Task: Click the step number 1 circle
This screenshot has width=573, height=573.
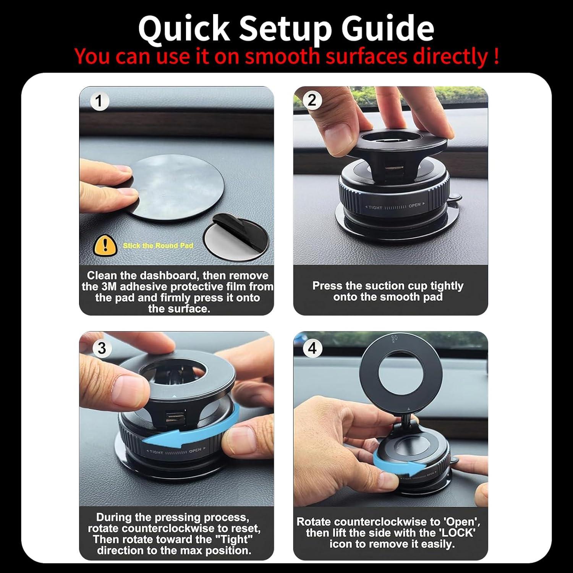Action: pyautogui.click(x=99, y=101)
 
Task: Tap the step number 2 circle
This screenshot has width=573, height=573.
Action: pyautogui.click(x=312, y=100)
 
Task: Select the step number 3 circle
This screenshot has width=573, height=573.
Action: pyautogui.click(x=102, y=348)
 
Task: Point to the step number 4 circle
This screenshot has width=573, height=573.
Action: pyautogui.click(x=312, y=348)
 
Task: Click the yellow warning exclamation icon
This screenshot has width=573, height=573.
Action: pyautogui.click(x=105, y=245)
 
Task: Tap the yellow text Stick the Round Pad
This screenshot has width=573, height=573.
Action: pyautogui.click(x=158, y=246)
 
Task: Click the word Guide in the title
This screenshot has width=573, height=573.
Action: pyautogui.click(x=387, y=29)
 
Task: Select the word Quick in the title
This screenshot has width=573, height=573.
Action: pyautogui.click(x=184, y=29)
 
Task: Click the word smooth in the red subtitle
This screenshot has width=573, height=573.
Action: pyautogui.click(x=282, y=57)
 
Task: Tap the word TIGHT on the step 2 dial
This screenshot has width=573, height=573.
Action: pyautogui.click(x=375, y=207)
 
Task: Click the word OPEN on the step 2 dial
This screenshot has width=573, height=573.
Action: pyautogui.click(x=414, y=206)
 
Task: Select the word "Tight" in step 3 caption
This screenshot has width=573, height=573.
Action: pyautogui.click(x=235, y=539)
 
